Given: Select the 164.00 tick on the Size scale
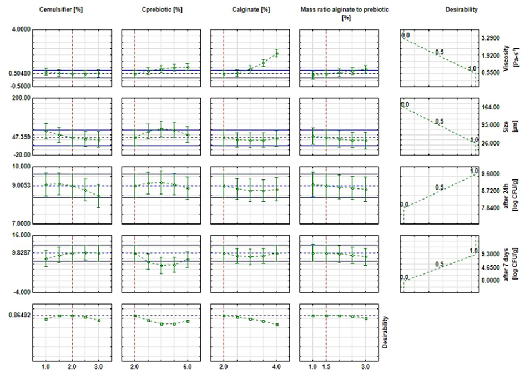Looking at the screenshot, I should tap(492, 107).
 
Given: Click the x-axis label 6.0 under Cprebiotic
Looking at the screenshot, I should tap(188, 367).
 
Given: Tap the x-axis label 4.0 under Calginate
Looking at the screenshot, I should tap(277, 367).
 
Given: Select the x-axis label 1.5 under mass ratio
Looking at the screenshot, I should tap(326, 367).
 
